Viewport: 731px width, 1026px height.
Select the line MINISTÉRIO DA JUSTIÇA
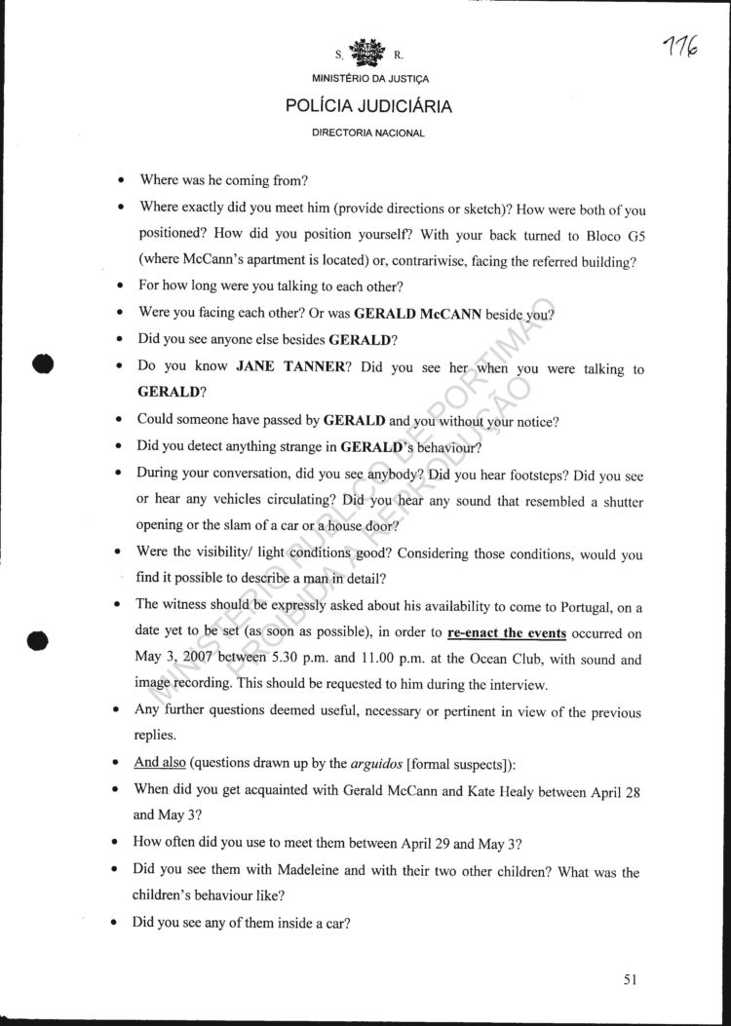pyautogui.click(x=368, y=78)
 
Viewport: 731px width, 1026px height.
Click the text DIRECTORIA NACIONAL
pyautogui.click(x=368, y=133)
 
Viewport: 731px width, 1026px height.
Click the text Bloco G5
pyautogui.click(x=613, y=236)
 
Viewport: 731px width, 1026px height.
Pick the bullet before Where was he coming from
pyautogui.click(x=119, y=181)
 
